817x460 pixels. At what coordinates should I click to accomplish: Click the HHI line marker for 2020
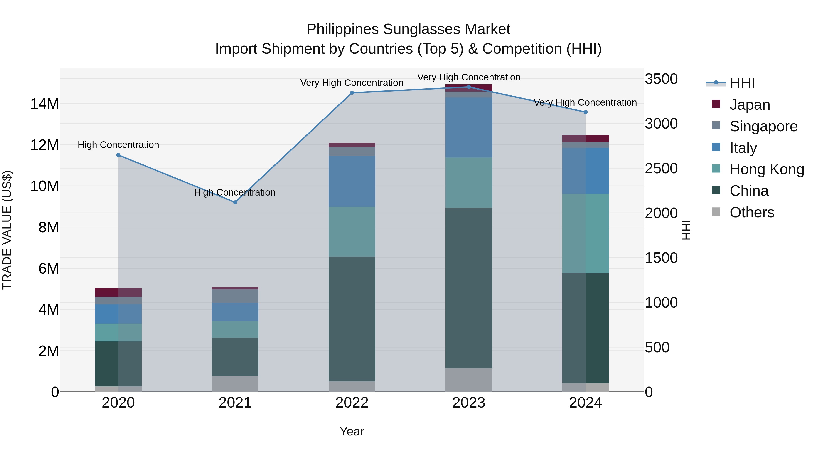pos(118,155)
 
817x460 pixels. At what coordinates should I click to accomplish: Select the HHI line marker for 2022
pos(352,93)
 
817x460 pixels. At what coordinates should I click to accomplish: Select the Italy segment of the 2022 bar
pos(352,181)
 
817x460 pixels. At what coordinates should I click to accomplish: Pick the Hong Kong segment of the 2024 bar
pos(586,233)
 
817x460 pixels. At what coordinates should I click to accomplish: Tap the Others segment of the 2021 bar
pos(235,384)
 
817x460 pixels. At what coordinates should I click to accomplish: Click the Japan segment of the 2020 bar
pos(118,292)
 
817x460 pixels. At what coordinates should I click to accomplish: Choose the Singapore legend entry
pos(763,126)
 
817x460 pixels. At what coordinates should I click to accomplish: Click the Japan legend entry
pos(749,105)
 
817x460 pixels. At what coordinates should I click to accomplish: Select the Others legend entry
pos(752,212)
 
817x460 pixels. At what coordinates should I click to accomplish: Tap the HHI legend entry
pos(742,83)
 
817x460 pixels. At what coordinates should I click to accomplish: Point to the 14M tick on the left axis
pos(44,104)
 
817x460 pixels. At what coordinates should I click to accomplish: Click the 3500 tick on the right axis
pos(661,79)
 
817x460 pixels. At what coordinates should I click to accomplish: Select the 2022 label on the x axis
pos(352,403)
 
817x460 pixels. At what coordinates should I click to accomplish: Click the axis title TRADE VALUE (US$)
pos(7,230)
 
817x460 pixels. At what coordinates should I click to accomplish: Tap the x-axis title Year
pos(352,431)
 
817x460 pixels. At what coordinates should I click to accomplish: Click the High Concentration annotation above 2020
pos(118,145)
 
